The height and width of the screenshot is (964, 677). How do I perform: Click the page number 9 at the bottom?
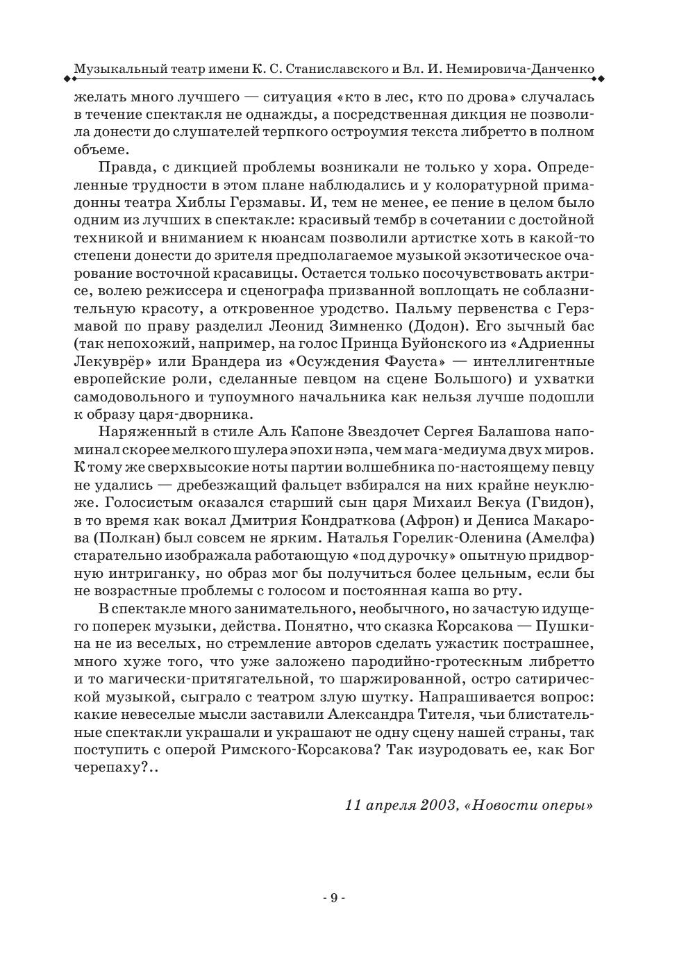333,898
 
